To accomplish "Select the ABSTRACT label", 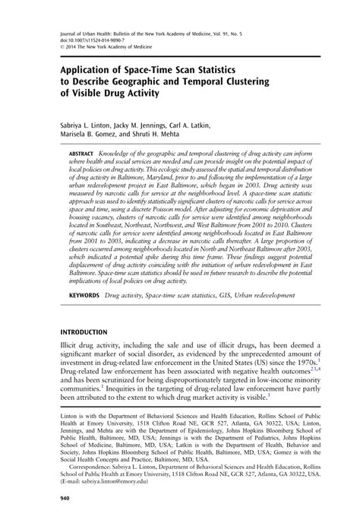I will coord(83,152).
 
